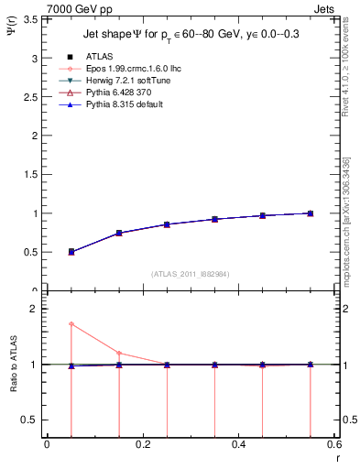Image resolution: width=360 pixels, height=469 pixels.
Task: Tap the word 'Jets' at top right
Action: pyautogui.click(x=325, y=8)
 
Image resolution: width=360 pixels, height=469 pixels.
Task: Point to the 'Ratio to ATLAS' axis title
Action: pyautogui.click(x=12, y=364)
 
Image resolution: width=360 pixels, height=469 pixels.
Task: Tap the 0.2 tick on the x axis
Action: pyautogui.click(x=143, y=444)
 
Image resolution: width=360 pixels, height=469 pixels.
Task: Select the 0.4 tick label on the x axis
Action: pyautogui.click(x=239, y=444)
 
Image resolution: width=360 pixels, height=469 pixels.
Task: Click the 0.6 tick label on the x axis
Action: pyautogui.click(x=334, y=444)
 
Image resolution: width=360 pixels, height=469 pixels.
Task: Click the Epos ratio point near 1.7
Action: pyautogui.click(x=71, y=324)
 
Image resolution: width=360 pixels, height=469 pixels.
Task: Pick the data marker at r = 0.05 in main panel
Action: pyautogui.click(x=71, y=251)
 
